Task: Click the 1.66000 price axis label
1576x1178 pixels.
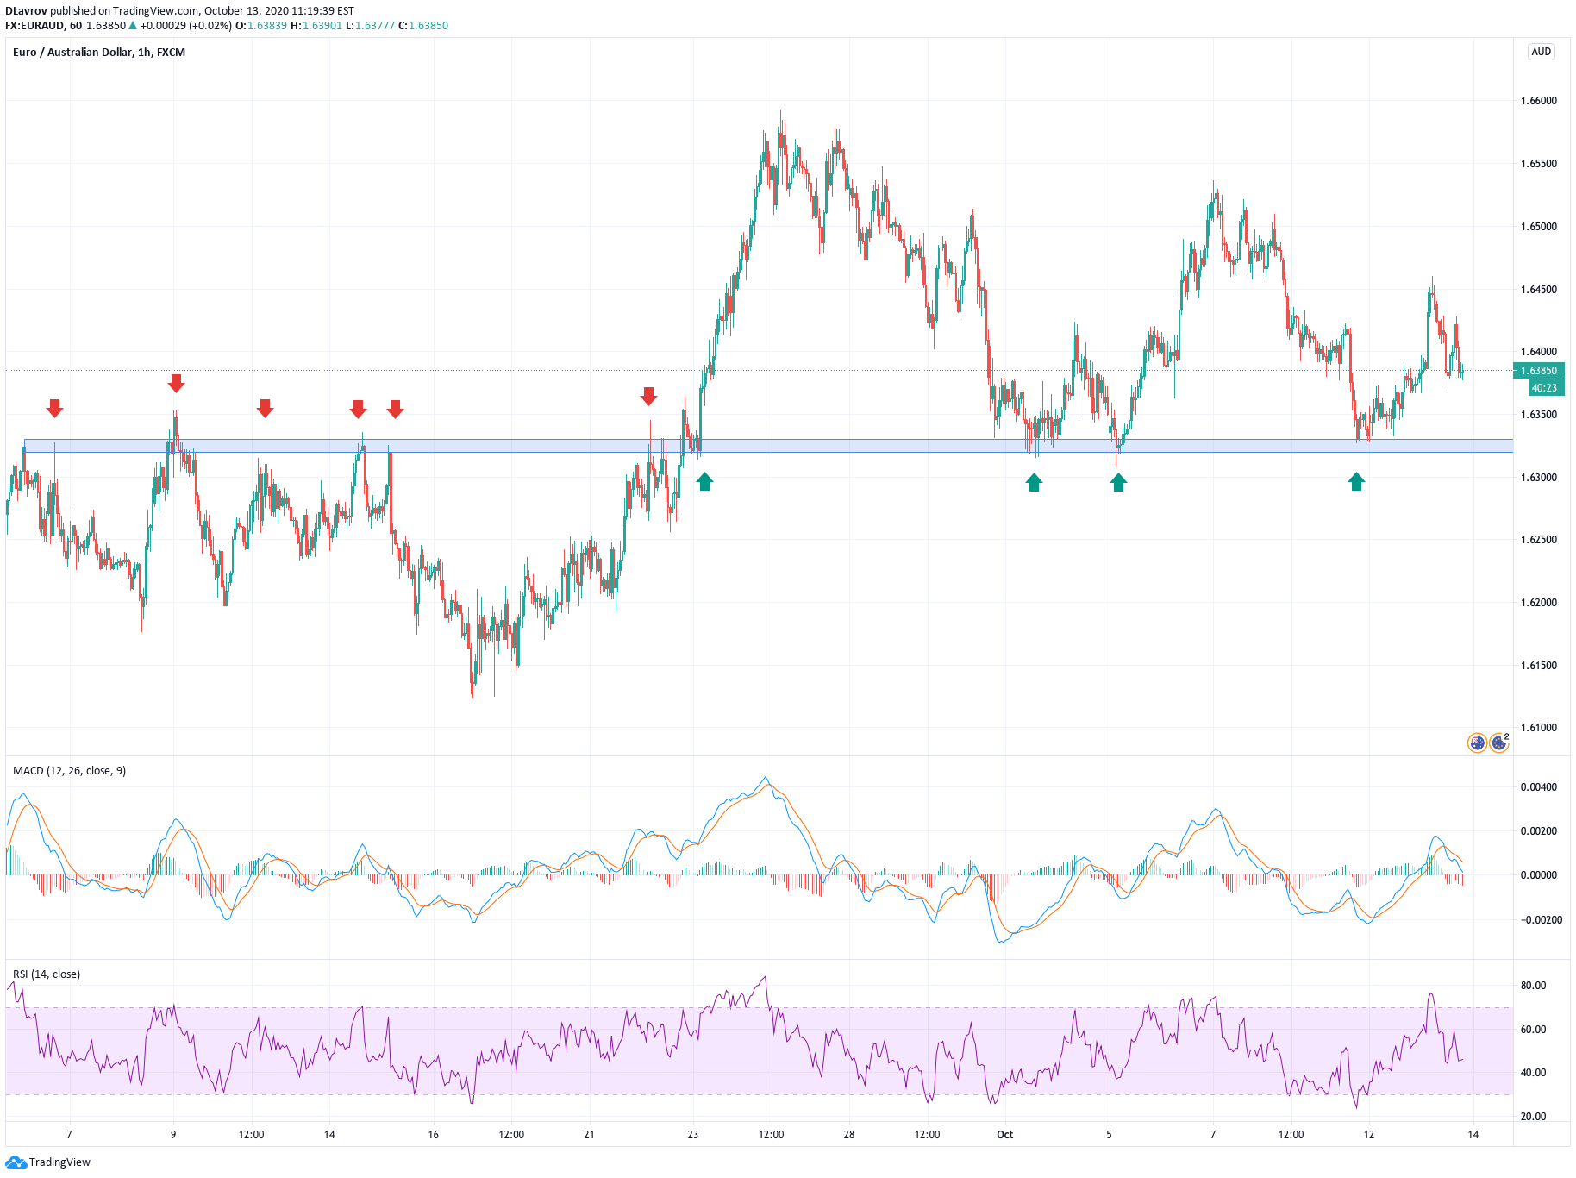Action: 1539,101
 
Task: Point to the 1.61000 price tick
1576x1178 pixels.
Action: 1539,728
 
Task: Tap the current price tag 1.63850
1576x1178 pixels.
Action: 1539,371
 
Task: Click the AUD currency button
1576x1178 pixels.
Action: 1542,52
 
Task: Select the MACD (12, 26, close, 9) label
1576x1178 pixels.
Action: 70,771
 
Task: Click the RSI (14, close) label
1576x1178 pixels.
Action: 47,974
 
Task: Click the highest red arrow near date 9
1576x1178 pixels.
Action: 176,384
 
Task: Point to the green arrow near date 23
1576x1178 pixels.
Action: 705,481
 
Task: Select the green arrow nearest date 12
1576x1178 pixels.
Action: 1356,481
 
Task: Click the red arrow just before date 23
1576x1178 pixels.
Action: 649,396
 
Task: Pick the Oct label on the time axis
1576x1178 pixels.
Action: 1005,1135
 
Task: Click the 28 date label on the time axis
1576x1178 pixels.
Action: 849,1135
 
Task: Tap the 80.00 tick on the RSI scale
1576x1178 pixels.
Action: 1534,986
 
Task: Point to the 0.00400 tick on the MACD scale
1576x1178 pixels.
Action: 1539,787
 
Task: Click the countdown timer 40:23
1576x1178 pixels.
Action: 1544,388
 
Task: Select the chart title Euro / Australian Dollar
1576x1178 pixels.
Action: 72,53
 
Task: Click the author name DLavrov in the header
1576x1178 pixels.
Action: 26,11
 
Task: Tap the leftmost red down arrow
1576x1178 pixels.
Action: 54,409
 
